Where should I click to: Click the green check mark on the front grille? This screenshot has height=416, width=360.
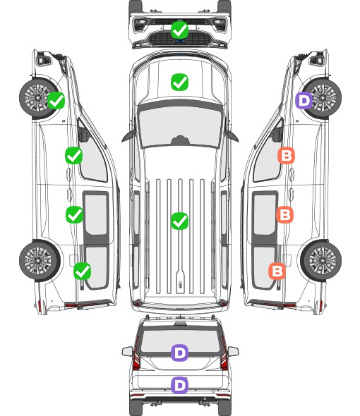[180, 30]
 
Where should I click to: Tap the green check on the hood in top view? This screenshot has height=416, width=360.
[180, 82]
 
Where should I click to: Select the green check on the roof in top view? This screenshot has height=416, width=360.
[180, 221]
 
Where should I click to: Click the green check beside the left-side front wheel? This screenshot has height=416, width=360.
[56, 100]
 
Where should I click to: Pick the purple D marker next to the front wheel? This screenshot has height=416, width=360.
[304, 100]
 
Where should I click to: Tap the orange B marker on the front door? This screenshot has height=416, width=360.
[286, 155]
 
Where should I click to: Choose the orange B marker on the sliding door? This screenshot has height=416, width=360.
[284, 214]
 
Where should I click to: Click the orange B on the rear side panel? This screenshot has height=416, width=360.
[277, 271]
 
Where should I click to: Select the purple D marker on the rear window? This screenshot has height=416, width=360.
[180, 353]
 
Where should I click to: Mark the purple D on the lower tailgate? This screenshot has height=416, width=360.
[180, 385]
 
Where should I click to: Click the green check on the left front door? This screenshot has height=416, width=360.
[74, 155]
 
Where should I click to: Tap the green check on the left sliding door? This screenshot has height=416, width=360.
[75, 214]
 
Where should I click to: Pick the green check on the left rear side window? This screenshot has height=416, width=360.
[83, 271]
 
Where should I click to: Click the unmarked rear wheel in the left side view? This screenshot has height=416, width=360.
[40, 261]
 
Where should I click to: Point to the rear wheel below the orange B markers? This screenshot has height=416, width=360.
[321, 261]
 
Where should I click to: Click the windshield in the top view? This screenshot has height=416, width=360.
[180, 127]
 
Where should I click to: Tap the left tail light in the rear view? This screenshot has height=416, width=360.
[136, 355]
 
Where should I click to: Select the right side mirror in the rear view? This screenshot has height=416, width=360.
[233, 351]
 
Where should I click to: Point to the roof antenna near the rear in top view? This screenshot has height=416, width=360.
[180, 284]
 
